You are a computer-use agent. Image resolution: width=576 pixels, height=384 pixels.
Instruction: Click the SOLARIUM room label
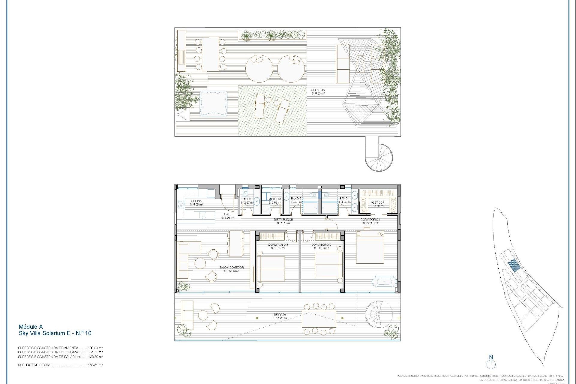coord(318,90)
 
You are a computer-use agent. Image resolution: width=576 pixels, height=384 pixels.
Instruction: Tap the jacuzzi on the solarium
coord(213,103)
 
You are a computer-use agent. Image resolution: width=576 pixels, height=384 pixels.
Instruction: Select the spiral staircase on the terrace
coord(379,314)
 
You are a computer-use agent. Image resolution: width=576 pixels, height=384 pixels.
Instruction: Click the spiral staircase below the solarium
coord(379,157)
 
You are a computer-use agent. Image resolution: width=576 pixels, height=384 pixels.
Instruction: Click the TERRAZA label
coord(280,315)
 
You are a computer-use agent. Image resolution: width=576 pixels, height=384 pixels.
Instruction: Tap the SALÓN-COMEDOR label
coord(231,267)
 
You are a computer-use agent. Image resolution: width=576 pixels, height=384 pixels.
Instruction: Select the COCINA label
coord(196,201)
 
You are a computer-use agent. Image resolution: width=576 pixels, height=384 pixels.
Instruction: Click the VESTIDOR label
coord(378,202)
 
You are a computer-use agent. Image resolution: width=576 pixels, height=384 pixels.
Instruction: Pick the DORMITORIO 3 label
coord(278,245)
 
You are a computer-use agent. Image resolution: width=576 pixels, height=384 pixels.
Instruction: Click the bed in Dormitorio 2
coord(328,264)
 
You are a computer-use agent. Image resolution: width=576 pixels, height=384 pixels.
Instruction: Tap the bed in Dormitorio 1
coord(370,247)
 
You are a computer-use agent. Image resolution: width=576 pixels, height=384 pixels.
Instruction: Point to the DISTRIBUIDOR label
coord(283,220)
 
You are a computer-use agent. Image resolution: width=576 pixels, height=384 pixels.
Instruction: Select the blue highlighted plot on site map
coord(514,265)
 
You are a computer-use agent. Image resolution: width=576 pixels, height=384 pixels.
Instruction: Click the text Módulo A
coord(31,327)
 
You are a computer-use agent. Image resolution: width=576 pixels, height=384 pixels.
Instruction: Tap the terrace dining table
coord(319,319)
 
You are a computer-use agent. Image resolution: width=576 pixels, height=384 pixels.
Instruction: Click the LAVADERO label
coord(274,199)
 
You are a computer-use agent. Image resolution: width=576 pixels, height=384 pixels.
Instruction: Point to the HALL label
coord(227,214)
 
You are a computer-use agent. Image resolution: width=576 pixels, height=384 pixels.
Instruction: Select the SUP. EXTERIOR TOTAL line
coord(60,365)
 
